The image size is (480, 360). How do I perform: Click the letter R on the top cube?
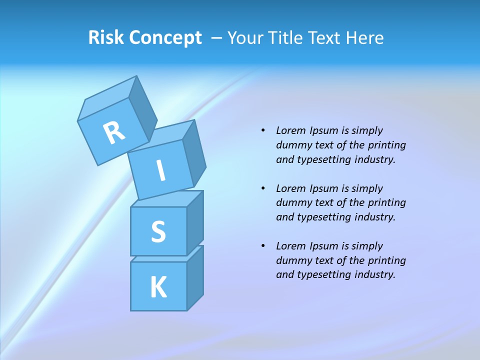(x=114, y=132)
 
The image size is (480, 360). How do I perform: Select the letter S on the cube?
(x=158, y=231)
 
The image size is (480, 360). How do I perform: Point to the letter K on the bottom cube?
(x=158, y=287)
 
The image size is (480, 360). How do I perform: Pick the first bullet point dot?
(x=263, y=130)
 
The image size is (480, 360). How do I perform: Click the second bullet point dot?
(x=263, y=188)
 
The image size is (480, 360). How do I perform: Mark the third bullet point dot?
(x=263, y=246)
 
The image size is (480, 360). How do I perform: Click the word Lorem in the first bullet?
(x=290, y=130)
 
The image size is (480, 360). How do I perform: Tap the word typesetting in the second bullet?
(x=324, y=217)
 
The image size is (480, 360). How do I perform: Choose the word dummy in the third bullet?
(x=291, y=260)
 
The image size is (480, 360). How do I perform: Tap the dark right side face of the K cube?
(x=195, y=277)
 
